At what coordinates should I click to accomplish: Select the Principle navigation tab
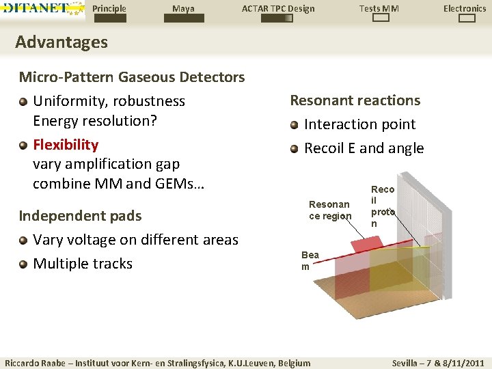pos(109,9)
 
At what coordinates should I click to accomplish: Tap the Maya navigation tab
pos(183,9)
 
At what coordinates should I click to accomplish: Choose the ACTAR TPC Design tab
pos(278,9)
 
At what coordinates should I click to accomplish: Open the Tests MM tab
pos(379,9)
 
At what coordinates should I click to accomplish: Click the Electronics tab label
pos(465,9)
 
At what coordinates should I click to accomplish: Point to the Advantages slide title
pos(61,42)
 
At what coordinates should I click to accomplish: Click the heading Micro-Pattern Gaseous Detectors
pos(132,77)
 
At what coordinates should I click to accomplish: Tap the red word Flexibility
pos(66,145)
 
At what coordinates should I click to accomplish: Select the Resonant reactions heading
pos(355,100)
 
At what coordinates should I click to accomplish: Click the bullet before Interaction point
pos(295,125)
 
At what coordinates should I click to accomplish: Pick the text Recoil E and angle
pos(364,148)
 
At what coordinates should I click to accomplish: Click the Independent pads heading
pos(80,216)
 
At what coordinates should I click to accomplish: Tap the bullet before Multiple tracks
pos(23,264)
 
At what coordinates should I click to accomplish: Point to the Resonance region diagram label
pos(329,210)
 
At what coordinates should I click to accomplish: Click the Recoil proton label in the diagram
pos(383,206)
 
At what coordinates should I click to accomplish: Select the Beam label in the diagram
pos(310,260)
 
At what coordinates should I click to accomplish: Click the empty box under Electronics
pos(467,19)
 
